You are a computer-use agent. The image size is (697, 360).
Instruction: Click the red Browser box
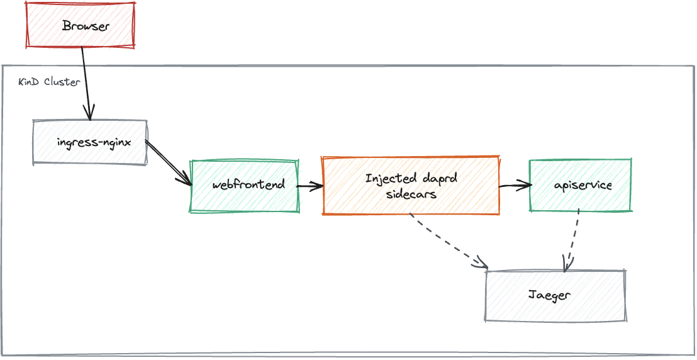80,25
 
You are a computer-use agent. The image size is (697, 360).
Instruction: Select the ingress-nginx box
90,142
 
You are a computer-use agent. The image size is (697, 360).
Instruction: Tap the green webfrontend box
245,186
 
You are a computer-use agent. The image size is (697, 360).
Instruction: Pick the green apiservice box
581,186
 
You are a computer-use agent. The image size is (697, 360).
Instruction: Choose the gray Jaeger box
555,296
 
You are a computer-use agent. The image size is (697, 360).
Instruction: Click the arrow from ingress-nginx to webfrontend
169,163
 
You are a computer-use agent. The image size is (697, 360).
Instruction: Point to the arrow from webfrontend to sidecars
310,186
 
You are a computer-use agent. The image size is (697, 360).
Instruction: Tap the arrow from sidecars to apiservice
515,186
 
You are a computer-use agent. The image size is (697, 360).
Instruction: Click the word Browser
86,26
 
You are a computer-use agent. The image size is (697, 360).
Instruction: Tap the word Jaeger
550,295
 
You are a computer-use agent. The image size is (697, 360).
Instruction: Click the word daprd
439,179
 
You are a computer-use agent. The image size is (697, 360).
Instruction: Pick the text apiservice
583,186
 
